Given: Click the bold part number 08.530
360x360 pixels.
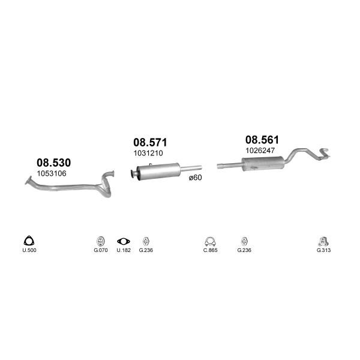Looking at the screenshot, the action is [54, 163].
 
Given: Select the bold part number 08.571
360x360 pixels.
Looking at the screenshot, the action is [150, 142].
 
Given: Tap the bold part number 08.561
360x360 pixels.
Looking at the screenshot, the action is [262, 140].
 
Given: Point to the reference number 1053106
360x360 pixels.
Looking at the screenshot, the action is [52, 173].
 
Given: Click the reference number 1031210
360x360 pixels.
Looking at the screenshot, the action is [148, 153].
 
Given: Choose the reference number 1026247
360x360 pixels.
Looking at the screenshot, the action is [260, 151].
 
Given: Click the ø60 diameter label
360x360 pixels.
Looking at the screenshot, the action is [196, 178].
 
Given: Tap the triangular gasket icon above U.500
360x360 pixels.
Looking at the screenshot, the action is [29, 241].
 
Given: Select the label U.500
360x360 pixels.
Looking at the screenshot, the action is [29, 250].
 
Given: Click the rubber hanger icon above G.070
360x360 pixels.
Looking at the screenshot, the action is [100, 241].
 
